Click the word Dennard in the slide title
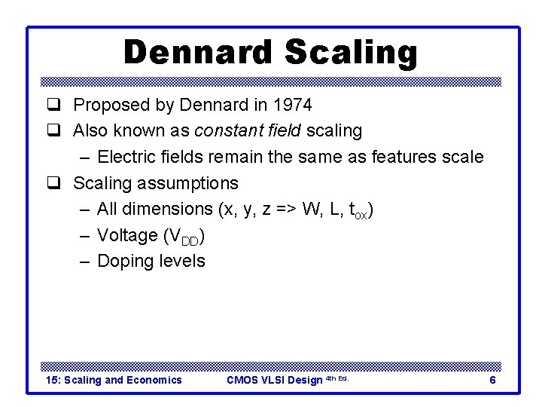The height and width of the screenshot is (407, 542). click(197, 53)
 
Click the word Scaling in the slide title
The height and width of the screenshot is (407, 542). click(351, 53)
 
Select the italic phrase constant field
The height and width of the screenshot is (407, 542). click(247, 130)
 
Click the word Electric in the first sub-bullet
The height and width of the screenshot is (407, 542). click(125, 157)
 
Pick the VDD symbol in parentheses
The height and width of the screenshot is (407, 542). click(184, 237)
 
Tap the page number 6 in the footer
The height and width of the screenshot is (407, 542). click(492, 380)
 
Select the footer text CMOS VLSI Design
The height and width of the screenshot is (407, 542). click(274, 380)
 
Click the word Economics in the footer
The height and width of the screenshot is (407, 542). click(154, 380)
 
